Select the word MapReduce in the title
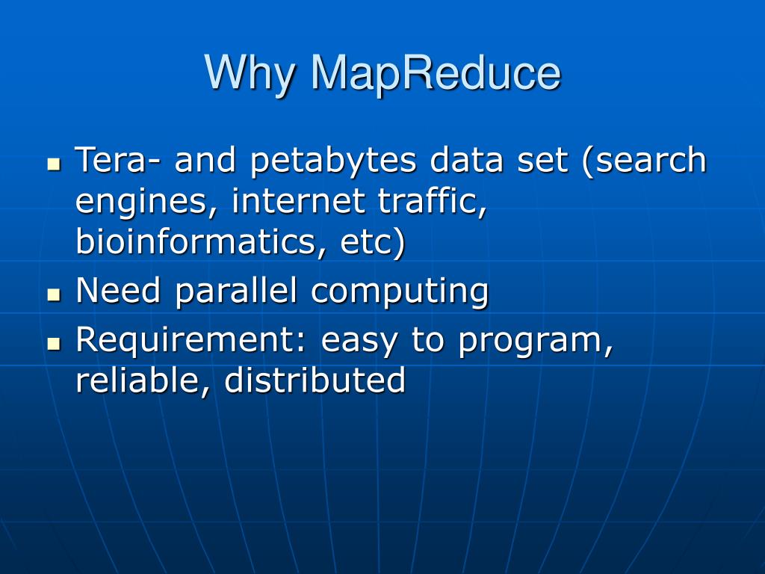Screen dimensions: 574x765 pyautogui.click(x=435, y=73)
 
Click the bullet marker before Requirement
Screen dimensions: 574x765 pyautogui.click(x=53, y=343)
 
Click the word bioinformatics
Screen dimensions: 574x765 pyautogui.click(x=193, y=242)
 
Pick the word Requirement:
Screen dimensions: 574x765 pyautogui.click(x=191, y=341)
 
